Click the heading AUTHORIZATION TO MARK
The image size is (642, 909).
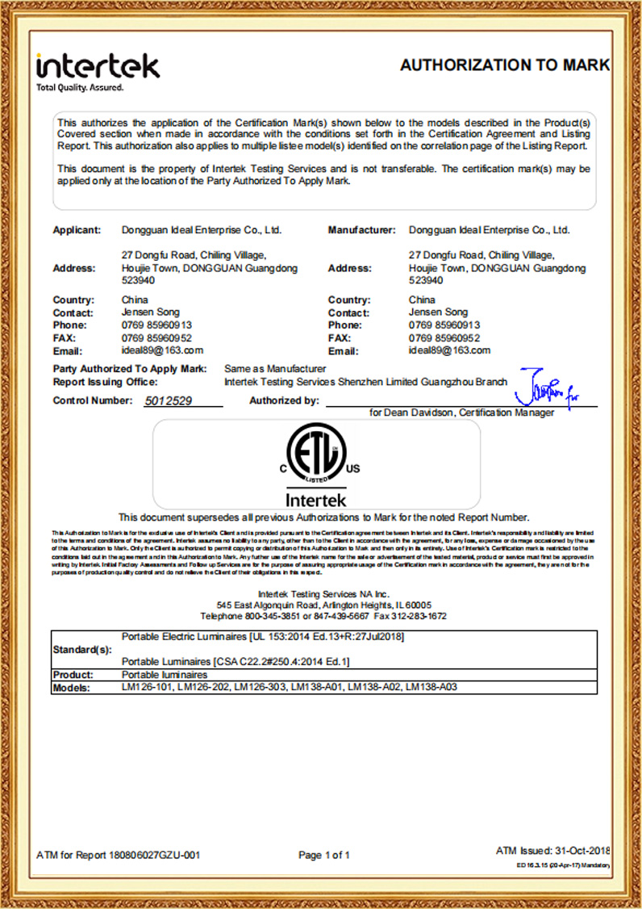click(x=504, y=65)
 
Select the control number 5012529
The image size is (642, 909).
click(x=169, y=400)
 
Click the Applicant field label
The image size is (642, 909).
click(x=77, y=230)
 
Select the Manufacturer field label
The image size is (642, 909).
click(x=361, y=230)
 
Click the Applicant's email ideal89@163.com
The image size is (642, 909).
click(x=162, y=350)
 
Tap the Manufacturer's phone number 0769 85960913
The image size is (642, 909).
click(x=444, y=325)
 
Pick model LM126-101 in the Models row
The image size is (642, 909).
click(x=146, y=687)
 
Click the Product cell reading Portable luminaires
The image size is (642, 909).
click(x=165, y=674)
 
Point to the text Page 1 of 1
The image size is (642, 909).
click(x=324, y=855)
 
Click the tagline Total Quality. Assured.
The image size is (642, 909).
click(x=80, y=87)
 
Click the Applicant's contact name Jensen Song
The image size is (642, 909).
click(x=150, y=312)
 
